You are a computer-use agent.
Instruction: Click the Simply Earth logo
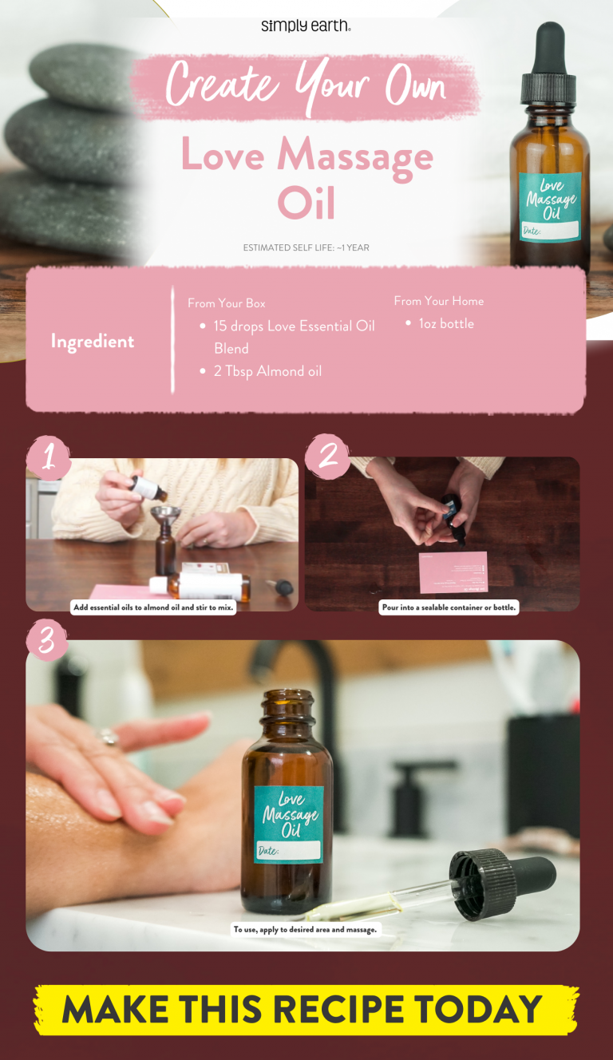(306, 26)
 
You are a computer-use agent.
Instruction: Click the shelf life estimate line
(306, 248)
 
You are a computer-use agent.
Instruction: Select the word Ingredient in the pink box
(93, 342)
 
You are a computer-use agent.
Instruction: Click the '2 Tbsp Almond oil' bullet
(267, 371)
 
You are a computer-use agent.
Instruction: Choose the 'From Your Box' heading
(227, 303)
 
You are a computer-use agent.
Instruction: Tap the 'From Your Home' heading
(438, 301)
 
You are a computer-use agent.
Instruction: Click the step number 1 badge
(48, 457)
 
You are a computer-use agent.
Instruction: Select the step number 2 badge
(327, 456)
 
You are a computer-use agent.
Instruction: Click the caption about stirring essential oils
(154, 607)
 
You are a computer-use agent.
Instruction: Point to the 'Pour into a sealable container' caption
(449, 607)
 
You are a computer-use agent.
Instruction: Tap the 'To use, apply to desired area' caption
(305, 929)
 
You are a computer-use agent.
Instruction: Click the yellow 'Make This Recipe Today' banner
(306, 1009)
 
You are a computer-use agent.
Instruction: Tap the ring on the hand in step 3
(109, 738)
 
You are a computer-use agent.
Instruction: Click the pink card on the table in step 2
(453, 572)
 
